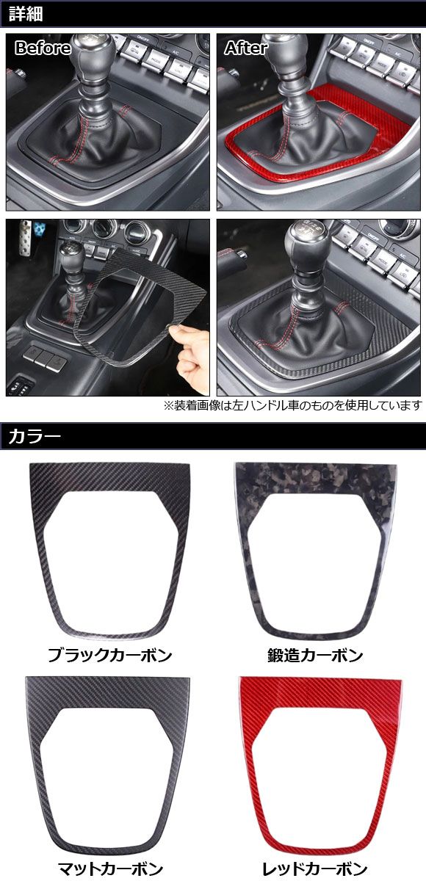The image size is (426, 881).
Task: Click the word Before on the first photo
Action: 43,48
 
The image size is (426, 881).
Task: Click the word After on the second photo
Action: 246,48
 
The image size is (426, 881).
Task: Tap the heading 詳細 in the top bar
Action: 24,13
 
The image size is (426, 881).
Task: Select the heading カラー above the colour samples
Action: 34,438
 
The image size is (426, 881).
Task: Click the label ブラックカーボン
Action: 109,655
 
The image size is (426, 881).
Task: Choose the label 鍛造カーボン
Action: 315,655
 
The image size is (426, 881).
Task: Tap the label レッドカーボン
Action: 316,869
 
